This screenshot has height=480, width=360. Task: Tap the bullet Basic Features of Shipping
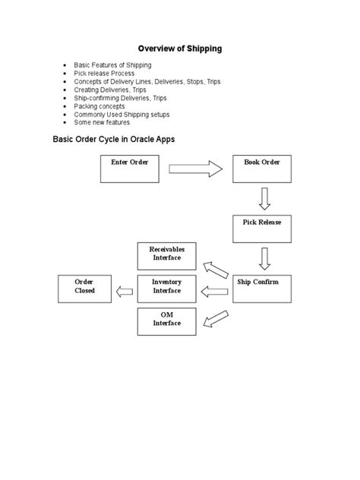(112, 65)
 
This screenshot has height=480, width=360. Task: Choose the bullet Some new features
(102, 122)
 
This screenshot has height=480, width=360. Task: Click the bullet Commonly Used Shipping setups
(122, 114)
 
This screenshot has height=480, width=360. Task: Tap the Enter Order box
(130, 168)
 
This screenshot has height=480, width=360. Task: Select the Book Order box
(263, 168)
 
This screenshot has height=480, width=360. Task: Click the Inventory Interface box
(166, 289)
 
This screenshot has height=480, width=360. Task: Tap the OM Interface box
(166, 322)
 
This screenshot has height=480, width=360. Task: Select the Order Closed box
(84, 289)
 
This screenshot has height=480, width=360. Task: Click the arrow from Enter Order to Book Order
(194, 168)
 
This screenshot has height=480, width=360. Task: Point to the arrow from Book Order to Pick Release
(264, 199)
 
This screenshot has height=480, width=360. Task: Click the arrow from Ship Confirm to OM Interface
(216, 317)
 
